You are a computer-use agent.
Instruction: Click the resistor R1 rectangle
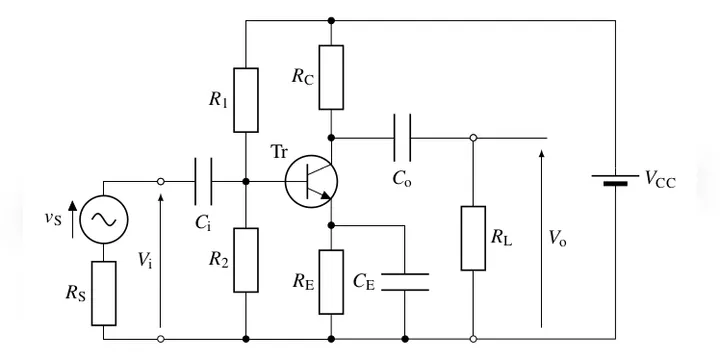coord(246,100)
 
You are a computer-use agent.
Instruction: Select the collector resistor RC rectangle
coord(331,77)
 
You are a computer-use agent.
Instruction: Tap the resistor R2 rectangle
coord(246,260)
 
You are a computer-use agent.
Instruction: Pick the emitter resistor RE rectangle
coord(331,282)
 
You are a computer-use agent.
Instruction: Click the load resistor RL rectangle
coord(473,238)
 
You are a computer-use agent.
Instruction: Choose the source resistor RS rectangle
coord(103,293)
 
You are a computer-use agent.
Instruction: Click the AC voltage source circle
coord(104,219)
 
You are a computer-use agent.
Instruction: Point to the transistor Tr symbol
coord(311,181)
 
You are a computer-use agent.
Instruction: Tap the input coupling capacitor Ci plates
coord(203,181)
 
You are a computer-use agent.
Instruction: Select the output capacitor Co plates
coord(402,138)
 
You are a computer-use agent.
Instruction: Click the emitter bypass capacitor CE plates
coord(405,282)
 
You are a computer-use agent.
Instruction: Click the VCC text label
coord(660,179)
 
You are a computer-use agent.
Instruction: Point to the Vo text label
coord(557,238)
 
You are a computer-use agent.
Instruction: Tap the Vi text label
coord(145,260)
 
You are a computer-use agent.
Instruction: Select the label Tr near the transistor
coord(280,152)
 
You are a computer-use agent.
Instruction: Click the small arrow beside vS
coord(73,219)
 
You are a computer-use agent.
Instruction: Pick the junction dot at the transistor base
coord(246,181)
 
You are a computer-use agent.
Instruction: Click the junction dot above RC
coord(331,20)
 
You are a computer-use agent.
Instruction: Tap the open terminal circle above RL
coord(473,138)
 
